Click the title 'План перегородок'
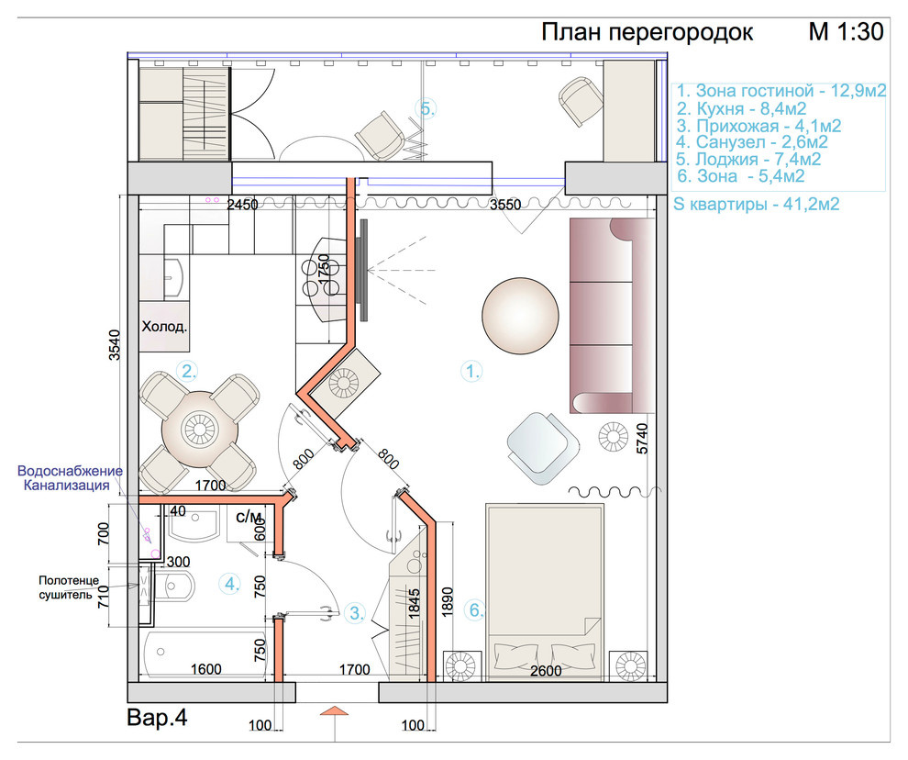[x=647, y=32]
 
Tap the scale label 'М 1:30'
[x=846, y=32]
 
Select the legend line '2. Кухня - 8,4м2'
[x=742, y=108]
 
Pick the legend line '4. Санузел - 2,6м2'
[x=752, y=142]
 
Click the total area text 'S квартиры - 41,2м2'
[x=757, y=204]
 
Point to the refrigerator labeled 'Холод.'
[x=164, y=326]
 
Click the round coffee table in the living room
[x=521, y=315]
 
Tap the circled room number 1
[x=471, y=371]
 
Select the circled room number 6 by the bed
[x=475, y=609]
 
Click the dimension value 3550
[x=505, y=205]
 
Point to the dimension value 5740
[x=642, y=438]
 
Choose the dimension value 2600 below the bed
[x=546, y=671]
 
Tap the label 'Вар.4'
[x=157, y=718]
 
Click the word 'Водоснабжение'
[x=70, y=471]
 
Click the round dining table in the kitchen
[x=199, y=430]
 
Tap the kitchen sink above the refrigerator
[x=174, y=278]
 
